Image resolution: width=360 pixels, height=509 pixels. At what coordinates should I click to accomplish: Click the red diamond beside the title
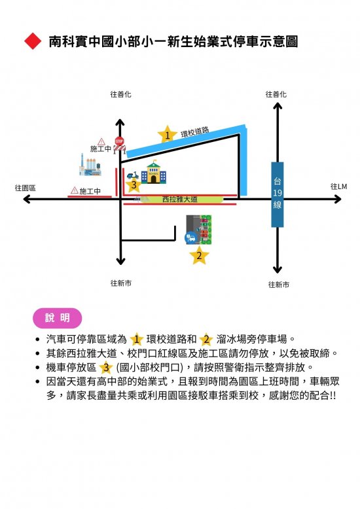click(x=33, y=41)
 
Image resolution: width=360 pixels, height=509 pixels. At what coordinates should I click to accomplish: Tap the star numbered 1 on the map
click(x=168, y=134)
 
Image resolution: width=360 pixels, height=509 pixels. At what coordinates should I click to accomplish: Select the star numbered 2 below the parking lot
click(x=199, y=255)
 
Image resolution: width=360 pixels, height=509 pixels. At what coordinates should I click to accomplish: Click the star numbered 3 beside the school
click(x=134, y=186)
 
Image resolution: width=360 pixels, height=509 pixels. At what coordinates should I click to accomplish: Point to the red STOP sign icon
click(x=119, y=141)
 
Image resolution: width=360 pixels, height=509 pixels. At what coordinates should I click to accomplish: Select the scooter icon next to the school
click(x=133, y=175)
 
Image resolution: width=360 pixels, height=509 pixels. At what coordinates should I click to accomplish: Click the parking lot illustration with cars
click(x=198, y=230)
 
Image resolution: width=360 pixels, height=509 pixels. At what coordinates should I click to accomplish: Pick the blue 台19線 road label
click(x=277, y=194)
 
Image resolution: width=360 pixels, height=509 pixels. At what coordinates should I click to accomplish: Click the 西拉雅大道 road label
click(x=180, y=199)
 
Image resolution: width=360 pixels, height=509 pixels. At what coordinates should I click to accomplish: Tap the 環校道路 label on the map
click(x=194, y=132)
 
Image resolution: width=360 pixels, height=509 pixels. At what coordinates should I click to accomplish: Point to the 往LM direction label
click(x=338, y=186)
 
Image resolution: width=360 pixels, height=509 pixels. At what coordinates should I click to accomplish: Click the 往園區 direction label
click(x=25, y=188)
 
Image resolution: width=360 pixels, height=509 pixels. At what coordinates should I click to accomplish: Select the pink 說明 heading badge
click(x=58, y=318)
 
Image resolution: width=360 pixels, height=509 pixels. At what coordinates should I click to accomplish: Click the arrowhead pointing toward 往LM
click(x=338, y=199)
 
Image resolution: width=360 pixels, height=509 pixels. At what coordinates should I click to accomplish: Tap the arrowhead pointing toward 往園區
click(x=26, y=199)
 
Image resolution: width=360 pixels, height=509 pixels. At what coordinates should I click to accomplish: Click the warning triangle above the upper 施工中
click(x=101, y=141)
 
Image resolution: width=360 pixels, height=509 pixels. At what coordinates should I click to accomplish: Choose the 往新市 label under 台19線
click(x=278, y=285)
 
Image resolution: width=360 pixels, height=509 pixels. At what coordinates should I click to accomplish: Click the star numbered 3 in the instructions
click(x=105, y=368)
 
